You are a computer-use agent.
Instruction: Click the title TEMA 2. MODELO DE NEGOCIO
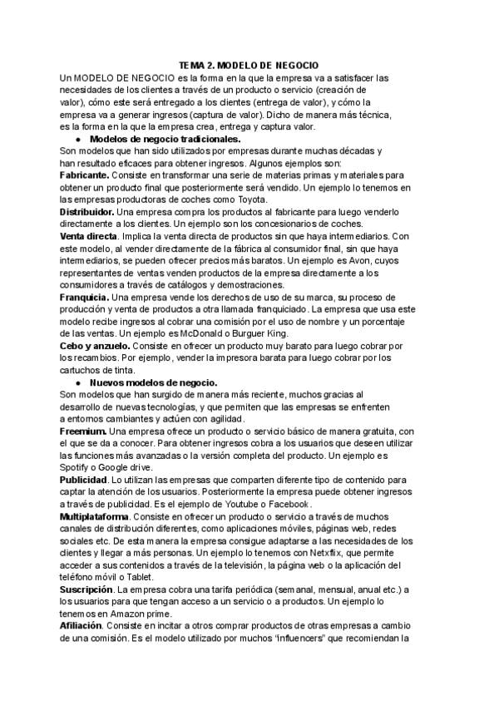249,65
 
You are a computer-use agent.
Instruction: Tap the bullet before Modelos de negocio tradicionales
77,140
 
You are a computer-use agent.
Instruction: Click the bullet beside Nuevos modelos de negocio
77,382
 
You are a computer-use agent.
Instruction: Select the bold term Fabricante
84,175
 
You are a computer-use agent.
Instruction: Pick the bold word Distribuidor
87,212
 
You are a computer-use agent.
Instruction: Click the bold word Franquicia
84,297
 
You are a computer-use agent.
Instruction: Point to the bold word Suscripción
88,589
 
